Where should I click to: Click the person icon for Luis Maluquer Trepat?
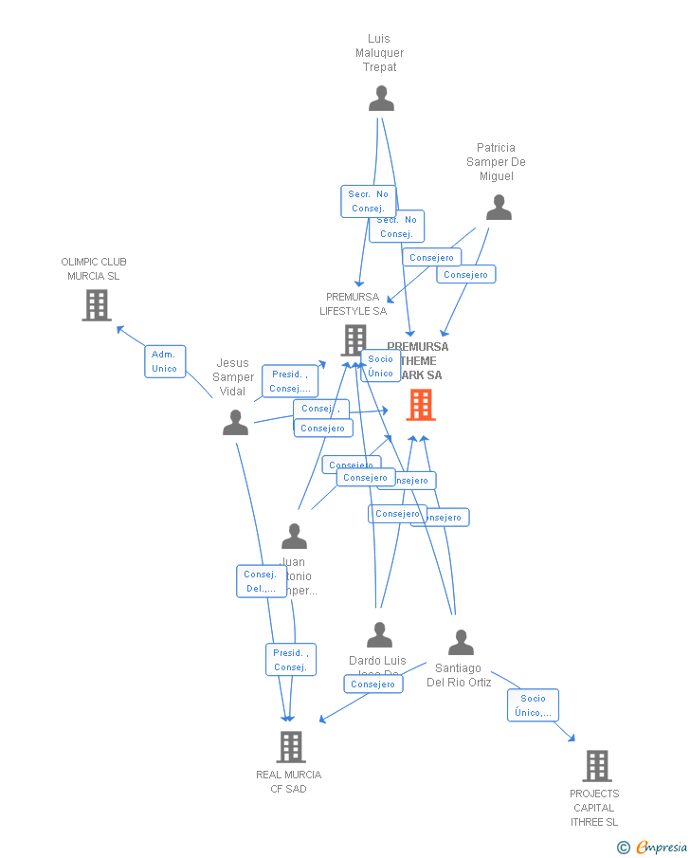(381, 99)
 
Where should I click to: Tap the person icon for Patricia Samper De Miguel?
(499, 208)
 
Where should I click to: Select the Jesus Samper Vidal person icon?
(235, 423)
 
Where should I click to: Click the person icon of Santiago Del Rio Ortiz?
(461, 643)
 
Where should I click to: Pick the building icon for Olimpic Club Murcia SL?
(97, 305)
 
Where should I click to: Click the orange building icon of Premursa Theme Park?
(421, 405)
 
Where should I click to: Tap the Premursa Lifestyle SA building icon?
(354, 339)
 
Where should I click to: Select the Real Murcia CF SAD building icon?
(291, 747)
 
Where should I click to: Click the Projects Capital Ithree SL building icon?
(596, 766)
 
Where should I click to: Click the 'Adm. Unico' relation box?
(165, 361)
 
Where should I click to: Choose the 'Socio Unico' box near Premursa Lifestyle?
(381, 366)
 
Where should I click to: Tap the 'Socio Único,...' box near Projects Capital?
(533, 705)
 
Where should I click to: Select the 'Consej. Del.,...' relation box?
(261, 581)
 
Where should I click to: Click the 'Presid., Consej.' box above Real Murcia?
(290, 660)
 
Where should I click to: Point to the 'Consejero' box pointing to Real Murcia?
(372, 684)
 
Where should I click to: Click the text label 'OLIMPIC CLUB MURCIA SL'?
(94, 268)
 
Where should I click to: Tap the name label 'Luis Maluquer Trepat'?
(379, 53)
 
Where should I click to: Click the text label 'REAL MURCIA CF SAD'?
(289, 781)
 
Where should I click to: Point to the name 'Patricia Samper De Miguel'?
(496, 162)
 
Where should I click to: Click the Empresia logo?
(660, 847)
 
